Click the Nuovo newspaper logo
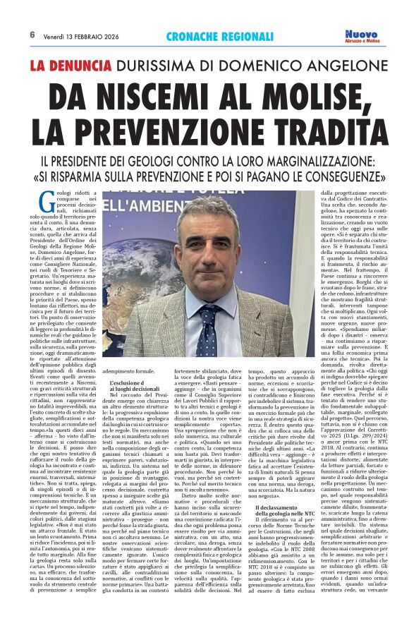pos(361,35)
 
